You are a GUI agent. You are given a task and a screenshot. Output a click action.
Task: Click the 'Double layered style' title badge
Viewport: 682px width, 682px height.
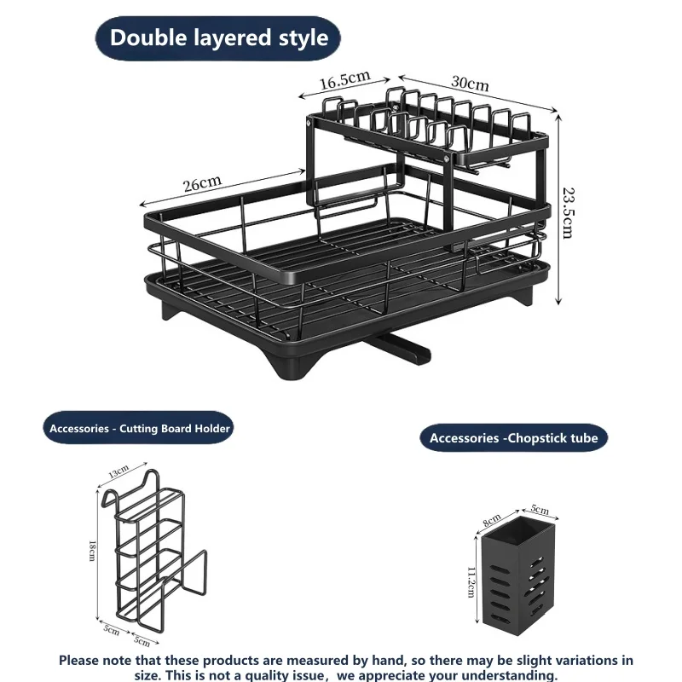tap(217, 38)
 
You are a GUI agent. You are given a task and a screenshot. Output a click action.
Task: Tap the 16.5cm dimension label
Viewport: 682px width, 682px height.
tap(344, 80)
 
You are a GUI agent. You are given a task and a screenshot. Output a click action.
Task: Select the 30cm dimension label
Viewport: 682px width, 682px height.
tap(470, 82)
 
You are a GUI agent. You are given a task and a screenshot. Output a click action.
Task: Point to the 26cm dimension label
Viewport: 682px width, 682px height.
tap(202, 183)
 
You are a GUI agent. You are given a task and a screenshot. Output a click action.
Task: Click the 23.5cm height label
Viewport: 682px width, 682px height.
tap(569, 213)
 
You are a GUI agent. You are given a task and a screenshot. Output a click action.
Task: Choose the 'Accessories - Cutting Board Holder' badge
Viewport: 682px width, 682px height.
tap(138, 428)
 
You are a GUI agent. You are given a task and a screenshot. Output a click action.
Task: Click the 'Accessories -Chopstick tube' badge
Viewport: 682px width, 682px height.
tap(514, 437)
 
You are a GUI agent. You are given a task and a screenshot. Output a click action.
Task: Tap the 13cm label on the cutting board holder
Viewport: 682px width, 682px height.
tap(118, 471)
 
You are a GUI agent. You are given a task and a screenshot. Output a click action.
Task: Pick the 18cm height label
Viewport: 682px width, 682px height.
tap(92, 551)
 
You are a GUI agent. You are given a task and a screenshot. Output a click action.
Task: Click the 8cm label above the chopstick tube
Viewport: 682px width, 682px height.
tap(492, 520)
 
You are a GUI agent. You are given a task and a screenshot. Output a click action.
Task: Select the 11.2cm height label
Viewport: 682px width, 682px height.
tap(471, 582)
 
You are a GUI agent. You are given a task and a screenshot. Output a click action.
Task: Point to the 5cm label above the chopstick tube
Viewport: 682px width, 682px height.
tap(540, 509)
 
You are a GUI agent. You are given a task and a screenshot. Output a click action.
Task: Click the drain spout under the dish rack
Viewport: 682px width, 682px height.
tap(398, 350)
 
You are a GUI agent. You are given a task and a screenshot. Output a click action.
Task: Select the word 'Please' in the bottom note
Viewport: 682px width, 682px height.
tap(78, 660)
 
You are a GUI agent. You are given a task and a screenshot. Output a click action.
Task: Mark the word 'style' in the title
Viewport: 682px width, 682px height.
tap(303, 38)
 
